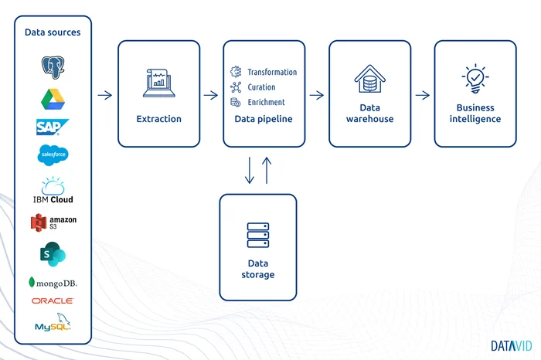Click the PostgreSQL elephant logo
pyautogui.click(x=52, y=66)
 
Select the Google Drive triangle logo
pyautogui.click(x=52, y=98)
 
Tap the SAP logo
pyautogui.click(x=52, y=127)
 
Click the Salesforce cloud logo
pyautogui.click(x=52, y=155)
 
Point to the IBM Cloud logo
pyautogui.click(x=52, y=191)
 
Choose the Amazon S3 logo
pyautogui.click(x=52, y=222)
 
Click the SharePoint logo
pyautogui.click(x=52, y=254)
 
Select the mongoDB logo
pyautogui.click(x=52, y=283)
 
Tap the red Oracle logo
pyautogui.click(x=52, y=301)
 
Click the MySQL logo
pyautogui.click(x=52, y=324)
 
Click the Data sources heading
pyautogui.click(x=52, y=32)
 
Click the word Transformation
pyautogui.click(x=271, y=72)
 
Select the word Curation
pyautogui.click(x=261, y=87)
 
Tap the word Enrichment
pyautogui.click(x=266, y=102)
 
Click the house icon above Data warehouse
pyautogui.click(x=369, y=79)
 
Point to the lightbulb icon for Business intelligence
pyautogui.click(x=475, y=79)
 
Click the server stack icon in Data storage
pyautogui.click(x=257, y=234)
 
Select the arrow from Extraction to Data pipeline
pyautogui.click(x=210, y=95)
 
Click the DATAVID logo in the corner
pyautogui.click(x=510, y=345)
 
